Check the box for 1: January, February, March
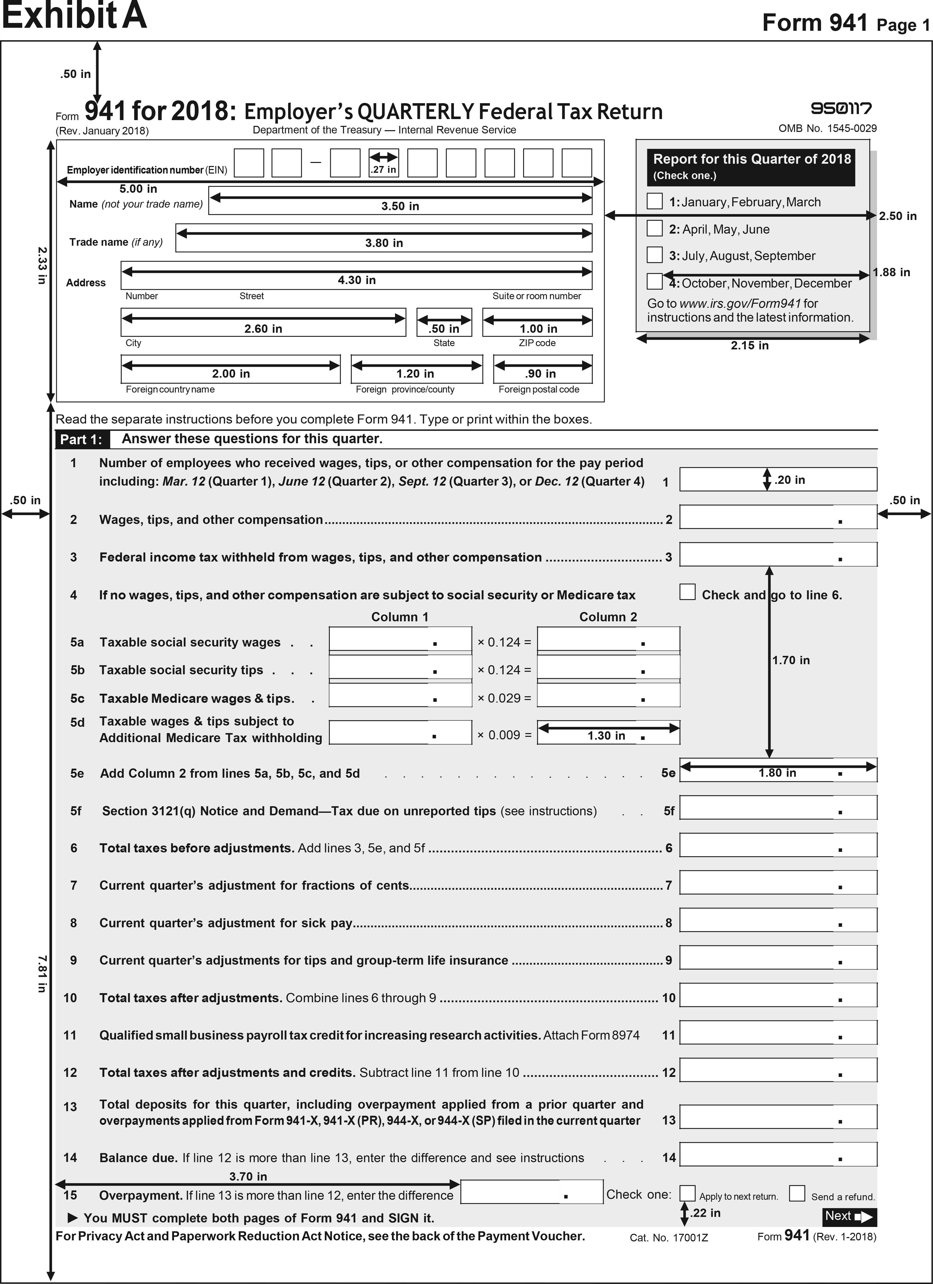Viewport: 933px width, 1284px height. (655, 201)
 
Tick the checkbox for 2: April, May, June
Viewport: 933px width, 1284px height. (655, 228)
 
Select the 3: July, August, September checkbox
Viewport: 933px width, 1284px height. (655, 255)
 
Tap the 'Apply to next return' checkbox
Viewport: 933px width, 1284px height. (687, 1193)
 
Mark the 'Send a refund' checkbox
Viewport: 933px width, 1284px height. (797, 1193)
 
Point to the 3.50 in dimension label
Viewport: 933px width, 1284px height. (400, 206)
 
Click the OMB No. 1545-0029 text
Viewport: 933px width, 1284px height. (827, 128)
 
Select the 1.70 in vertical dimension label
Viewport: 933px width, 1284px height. (791, 660)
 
